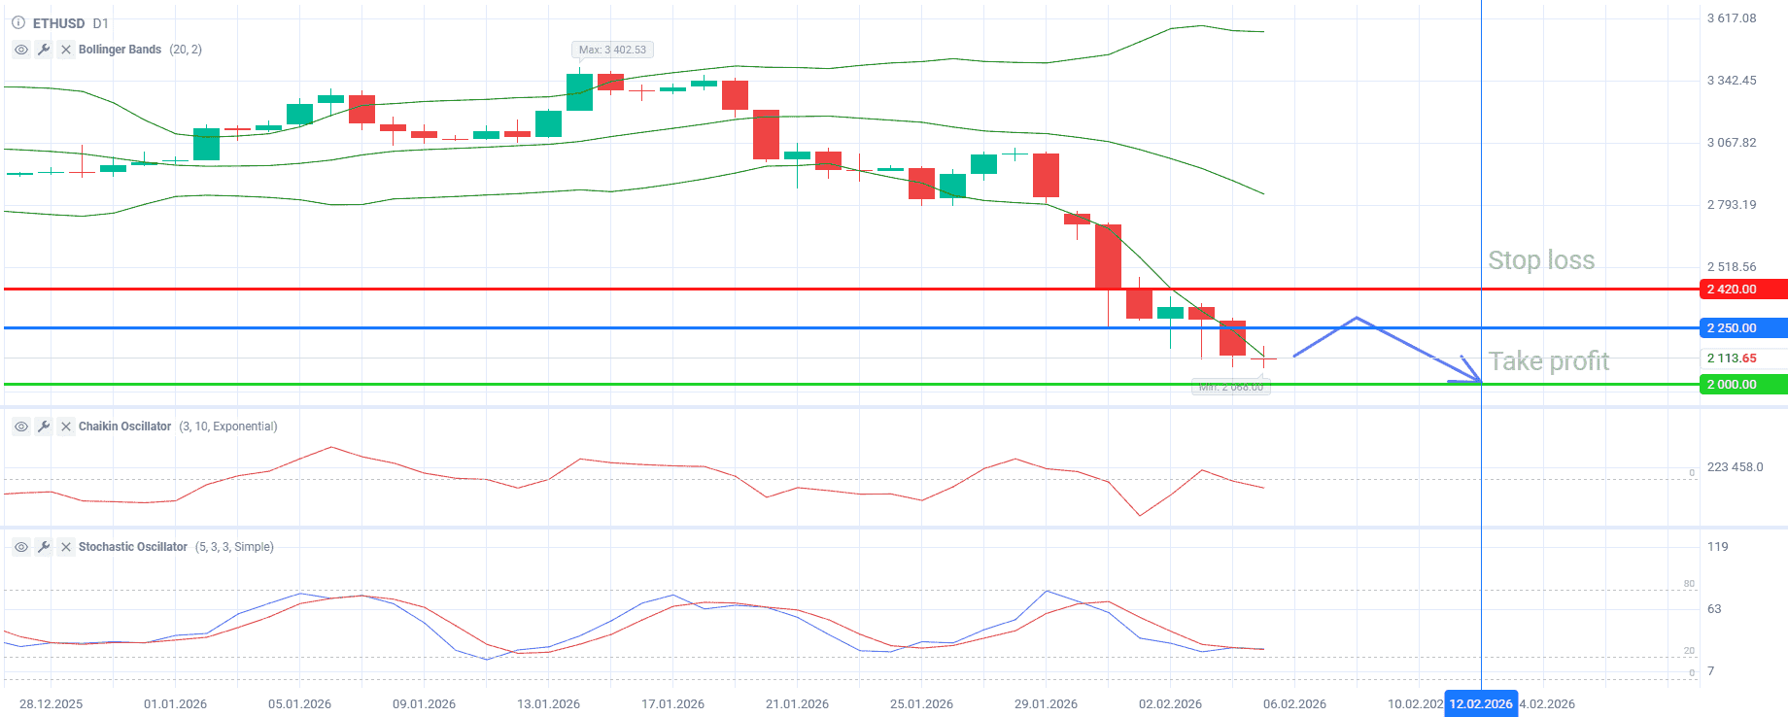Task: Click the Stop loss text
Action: coord(1541,260)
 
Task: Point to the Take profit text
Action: coord(1548,361)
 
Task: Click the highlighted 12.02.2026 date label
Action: coord(1480,704)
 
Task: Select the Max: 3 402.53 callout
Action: coord(612,50)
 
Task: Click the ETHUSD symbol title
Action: coord(58,23)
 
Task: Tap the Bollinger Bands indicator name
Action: coord(120,50)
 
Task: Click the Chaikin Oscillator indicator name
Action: coord(124,427)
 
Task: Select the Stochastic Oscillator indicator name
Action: coord(132,547)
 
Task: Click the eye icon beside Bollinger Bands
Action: coord(21,50)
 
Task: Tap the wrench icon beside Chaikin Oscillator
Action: coord(44,427)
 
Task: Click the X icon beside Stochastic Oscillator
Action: coord(66,547)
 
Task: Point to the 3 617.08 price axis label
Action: coord(1732,18)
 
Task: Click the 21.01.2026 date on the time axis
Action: coord(797,704)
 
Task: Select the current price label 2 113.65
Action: coord(1732,358)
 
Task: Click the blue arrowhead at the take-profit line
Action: coord(1473,374)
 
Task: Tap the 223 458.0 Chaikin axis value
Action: coord(1735,467)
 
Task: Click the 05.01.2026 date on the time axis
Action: coord(299,704)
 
